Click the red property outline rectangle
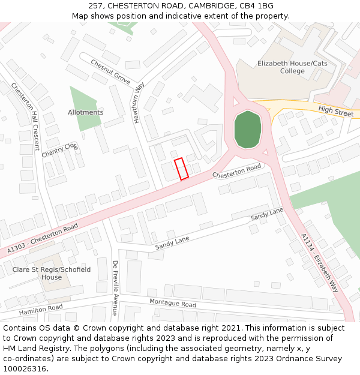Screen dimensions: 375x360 pos(181,168)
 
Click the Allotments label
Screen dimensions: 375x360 pos(85,112)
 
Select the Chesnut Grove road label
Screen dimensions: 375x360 pos(110,71)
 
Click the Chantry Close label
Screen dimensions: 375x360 pos(60,150)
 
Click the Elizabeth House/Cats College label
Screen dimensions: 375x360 pos(284,67)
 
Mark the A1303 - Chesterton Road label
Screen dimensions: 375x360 pos(43,238)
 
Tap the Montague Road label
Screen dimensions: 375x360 pos(173,304)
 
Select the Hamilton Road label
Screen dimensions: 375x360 pos(41,310)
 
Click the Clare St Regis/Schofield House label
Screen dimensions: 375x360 pos(52,274)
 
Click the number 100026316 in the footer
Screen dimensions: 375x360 pos(25,369)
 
